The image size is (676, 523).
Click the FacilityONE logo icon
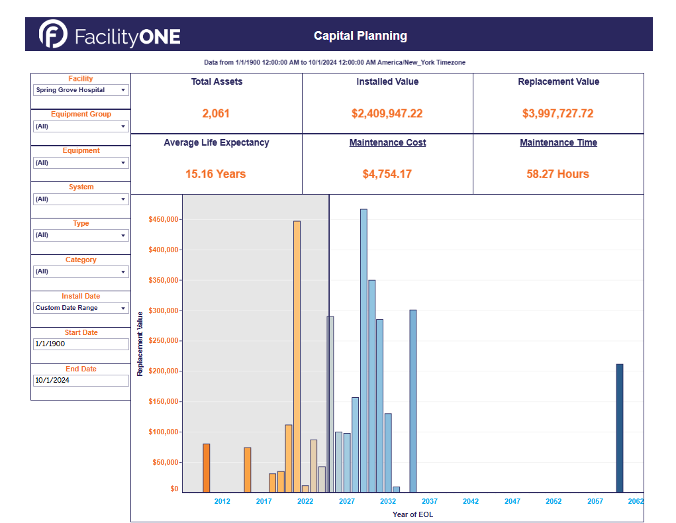pos(53,34)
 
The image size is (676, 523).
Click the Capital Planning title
pos(360,36)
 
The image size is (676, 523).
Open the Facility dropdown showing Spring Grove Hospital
pos(81,90)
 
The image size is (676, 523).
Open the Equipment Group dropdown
pos(81,126)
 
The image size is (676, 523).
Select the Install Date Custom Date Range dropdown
pos(81,308)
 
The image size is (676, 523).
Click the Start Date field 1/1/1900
pos(81,344)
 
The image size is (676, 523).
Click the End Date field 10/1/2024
pos(81,381)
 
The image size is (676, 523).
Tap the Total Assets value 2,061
pos(216,114)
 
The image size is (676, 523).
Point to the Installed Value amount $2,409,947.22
pos(387,114)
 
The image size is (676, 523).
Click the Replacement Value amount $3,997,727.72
pos(558,114)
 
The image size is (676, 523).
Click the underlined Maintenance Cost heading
pos(387,143)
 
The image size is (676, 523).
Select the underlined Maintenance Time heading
pos(558,143)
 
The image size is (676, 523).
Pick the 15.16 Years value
pos(216,174)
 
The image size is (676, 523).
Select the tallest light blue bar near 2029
pos(363,350)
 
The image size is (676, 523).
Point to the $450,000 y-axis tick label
pos(164,220)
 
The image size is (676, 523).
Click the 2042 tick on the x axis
pos(471,502)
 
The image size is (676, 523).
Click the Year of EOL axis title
pos(412,514)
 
